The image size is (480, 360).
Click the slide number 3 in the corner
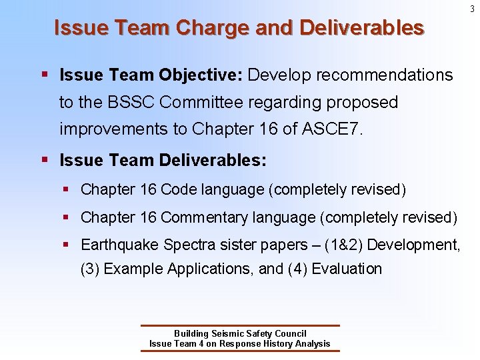(471, 9)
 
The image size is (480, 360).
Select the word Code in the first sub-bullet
(179, 189)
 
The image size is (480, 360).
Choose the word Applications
(210, 269)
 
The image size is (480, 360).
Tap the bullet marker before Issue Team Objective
(44, 75)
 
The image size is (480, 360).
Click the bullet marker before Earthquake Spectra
(67, 245)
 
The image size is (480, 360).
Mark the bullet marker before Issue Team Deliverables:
(44, 161)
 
